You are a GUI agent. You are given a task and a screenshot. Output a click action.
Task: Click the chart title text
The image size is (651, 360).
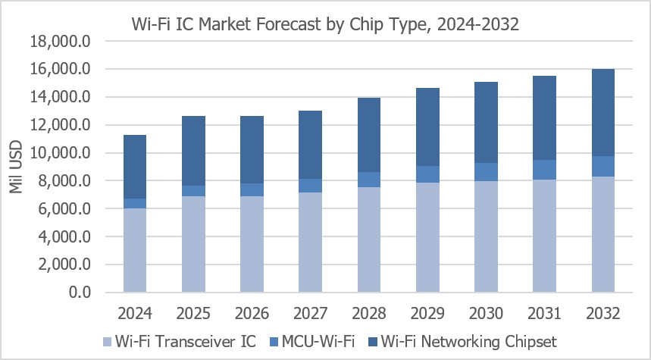click(x=325, y=24)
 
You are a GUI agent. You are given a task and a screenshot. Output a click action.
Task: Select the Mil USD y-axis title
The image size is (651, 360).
click(x=15, y=167)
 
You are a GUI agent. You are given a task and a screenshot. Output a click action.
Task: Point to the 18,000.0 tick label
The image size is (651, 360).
click(x=61, y=41)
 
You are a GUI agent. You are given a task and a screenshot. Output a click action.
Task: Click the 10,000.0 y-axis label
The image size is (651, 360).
click(x=61, y=153)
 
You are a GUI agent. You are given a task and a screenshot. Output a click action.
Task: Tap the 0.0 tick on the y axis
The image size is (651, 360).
click(x=80, y=293)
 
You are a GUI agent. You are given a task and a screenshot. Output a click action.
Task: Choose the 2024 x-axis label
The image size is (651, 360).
click(x=135, y=314)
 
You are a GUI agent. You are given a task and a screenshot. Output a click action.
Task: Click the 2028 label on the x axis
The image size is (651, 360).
click(x=369, y=314)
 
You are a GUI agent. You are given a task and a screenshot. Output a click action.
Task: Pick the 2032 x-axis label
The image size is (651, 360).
click(x=602, y=314)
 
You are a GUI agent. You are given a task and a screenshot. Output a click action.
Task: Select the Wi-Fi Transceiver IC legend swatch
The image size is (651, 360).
click(x=107, y=342)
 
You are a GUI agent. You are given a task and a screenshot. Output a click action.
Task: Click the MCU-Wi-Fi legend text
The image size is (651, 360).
click(x=318, y=342)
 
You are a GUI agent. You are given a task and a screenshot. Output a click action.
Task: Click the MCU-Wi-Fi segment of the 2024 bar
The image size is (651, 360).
click(x=135, y=203)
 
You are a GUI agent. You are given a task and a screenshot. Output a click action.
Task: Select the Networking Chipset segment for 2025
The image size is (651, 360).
click(x=193, y=151)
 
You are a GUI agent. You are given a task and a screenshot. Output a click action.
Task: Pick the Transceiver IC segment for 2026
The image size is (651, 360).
click(x=252, y=244)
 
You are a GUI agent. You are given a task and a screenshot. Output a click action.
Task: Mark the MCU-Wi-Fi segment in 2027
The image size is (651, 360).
click(x=311, y=186)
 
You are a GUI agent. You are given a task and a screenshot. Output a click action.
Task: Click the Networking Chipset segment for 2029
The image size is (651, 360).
click(x=427, y=127)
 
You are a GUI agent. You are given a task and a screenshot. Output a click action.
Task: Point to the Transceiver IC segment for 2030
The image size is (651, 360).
click(x=487, y=236)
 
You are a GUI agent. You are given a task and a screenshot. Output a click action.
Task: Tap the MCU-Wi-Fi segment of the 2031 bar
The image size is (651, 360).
click(x=544, y=170)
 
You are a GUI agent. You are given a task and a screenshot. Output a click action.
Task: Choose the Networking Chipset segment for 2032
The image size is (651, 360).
click(x=602, y=112)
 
